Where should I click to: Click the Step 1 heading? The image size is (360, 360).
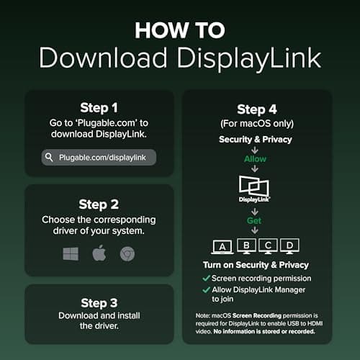pos(99,108)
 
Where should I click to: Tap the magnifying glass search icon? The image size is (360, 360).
pos(49,158)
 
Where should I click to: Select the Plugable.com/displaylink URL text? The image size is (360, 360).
pos(102,158)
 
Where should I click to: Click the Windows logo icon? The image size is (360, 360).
pos(71,253)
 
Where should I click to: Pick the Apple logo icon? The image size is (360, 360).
pos(99,253)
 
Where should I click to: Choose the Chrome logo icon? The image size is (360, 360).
pos(127,254)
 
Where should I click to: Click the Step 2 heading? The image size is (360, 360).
pos(99,204)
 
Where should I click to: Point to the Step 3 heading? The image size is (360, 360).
pos(99,303)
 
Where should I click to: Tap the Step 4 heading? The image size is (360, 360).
pos(257,109)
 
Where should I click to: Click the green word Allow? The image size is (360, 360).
pos(255,159)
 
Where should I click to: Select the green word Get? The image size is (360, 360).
pos(254,220)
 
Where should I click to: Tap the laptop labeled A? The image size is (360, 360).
pos(222,247)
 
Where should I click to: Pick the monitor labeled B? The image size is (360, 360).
pos(246,246)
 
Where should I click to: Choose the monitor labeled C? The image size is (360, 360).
pos(268,246)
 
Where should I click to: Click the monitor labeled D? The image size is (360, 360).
pos(289,246)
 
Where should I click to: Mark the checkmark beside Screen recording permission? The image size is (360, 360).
pos(207,278)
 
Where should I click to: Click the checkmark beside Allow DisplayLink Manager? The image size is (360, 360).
pos(207,289)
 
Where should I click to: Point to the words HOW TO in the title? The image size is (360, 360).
pos(180,30)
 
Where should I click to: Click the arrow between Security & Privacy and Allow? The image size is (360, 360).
pos(255,150)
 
